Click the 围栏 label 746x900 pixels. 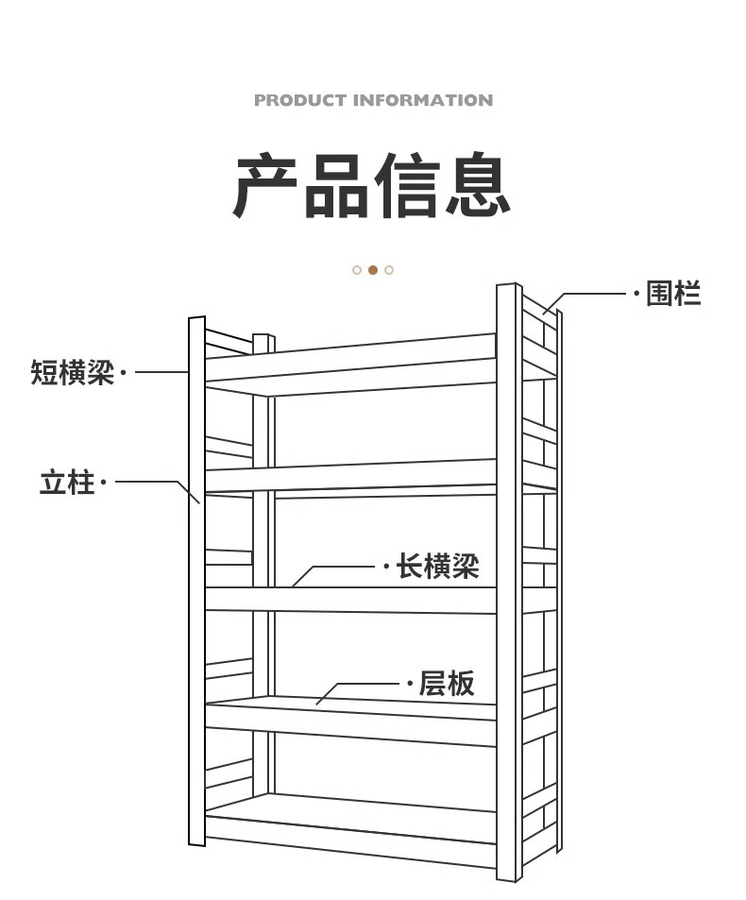[673, 294]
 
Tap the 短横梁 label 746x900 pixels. [72, 372]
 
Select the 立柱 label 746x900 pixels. [67, 483]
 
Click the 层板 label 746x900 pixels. [447, 683]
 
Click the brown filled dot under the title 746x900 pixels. [373, 270]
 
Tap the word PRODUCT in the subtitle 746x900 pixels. [300, 100]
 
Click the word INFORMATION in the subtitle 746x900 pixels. [423, 100]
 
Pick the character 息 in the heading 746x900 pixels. [478, 186]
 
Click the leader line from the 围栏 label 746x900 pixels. [595, 294]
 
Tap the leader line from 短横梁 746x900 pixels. [161, 372]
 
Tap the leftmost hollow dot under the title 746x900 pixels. [357, 270]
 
